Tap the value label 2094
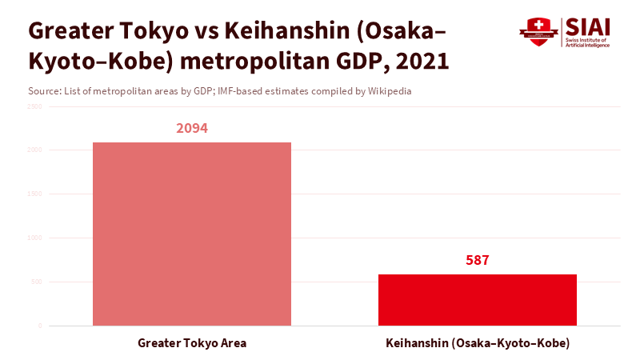tap(192, 128)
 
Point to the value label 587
tap(478, 260)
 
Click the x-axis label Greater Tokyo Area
tap(192, 343)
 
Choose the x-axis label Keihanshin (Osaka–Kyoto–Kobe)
tap(478, 343)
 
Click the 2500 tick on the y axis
tap(34, 106)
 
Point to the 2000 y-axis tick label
tap(34, 150)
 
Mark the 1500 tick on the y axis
tap(34, 194)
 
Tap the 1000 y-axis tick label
tap(34, 238)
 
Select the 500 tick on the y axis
tap(36, 282)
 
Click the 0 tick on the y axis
tap(39, 326)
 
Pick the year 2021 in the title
tap(423, 61)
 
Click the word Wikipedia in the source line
tap(390, 91)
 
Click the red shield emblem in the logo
tap(538, 32)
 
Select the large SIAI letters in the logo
tap(588, 27)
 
